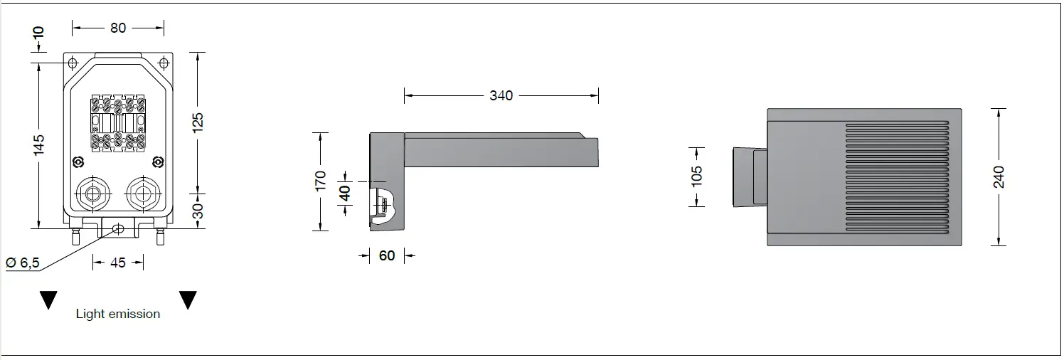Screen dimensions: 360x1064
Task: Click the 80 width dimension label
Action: (x=118, y=28)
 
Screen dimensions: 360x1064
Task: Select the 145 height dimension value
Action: (x=38, y=144)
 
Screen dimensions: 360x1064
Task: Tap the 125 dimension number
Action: (x=198, y=122)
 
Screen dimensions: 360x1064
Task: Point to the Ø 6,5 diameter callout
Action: (x=23, y=263)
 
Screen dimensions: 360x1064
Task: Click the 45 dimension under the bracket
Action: (x=118, y=263)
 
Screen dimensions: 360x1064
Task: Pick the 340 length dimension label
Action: (x=501, y=95)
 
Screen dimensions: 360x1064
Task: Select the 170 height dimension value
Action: (x=321, y=181)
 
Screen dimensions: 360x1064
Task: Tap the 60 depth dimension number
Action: (x=387, y=255)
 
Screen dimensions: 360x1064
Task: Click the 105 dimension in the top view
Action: (x=697, y=176)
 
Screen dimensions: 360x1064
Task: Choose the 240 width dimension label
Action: (x=999, y=176)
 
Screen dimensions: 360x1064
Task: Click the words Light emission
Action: (x=118, y=314)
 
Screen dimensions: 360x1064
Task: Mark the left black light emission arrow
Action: (x=48, y=300)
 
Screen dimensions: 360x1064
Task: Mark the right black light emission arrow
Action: (x=188, y=300)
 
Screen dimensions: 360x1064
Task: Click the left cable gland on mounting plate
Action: (x=91, y=194)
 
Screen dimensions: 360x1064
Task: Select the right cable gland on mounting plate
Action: (x=140, y=194)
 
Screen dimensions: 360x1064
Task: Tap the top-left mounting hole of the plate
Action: (x=73, y=63)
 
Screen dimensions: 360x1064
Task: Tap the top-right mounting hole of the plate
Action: (x=164, y=63)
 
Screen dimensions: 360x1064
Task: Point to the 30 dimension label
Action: (x=198, y=211)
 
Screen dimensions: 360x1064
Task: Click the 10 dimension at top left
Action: (x=38, y=32)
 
